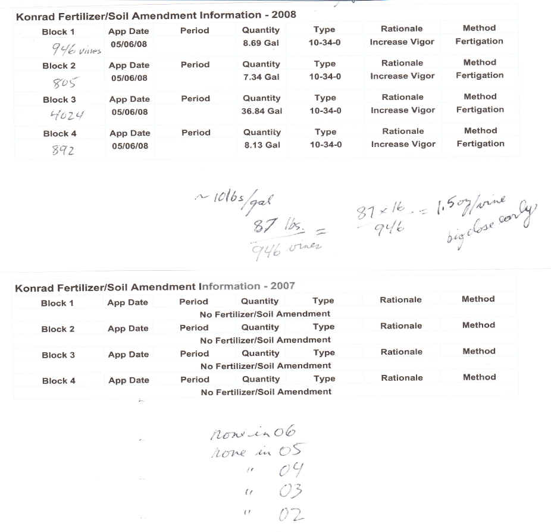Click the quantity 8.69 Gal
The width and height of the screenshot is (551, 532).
[x=261, y=43]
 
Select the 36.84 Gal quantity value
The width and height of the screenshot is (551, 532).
[x=262, y=111]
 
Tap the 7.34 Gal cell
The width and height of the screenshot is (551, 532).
[x=261, y=77]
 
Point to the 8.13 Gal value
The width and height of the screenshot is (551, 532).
[x=262, y=145]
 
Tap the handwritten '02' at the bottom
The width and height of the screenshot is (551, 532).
[x=291, y=514]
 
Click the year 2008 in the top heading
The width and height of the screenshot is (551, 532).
[x=284, y=15]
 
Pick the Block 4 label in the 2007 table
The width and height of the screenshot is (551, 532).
[x=59, y=381]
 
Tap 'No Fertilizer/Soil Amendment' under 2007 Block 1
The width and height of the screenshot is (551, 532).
[x=265, y=314]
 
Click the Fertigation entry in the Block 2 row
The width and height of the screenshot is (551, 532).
[x=480, y=76]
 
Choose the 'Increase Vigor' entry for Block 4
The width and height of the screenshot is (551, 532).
[x=403, y=145]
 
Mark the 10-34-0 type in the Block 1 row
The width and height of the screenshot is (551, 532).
[x=325, y=43]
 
